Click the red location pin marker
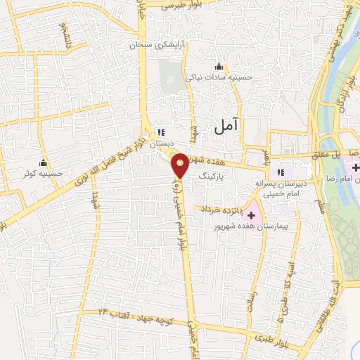click(181, 165)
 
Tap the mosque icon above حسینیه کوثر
click(44, 162)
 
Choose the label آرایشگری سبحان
click(149, 46)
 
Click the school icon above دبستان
click(161, 132)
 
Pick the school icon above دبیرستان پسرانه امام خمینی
click(280, 172)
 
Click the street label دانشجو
click(65, 34)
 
